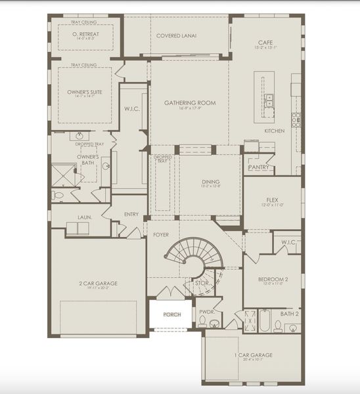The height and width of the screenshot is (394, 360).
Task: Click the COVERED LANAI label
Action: click(176, 35)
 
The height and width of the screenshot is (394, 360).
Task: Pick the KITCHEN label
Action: click(274, 131)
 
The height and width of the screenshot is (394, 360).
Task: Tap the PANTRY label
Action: click(257, 167)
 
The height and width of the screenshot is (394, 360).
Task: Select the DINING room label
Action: click(210, 182)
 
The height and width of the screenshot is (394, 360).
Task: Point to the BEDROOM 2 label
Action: click(271, 279)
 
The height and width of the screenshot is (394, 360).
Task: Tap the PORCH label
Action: click(172, 315)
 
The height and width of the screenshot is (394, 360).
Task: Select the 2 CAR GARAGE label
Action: click(97, 282)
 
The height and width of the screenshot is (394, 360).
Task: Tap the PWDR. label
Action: click(206, 312)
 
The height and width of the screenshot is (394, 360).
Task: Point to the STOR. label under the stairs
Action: click(202, 283)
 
